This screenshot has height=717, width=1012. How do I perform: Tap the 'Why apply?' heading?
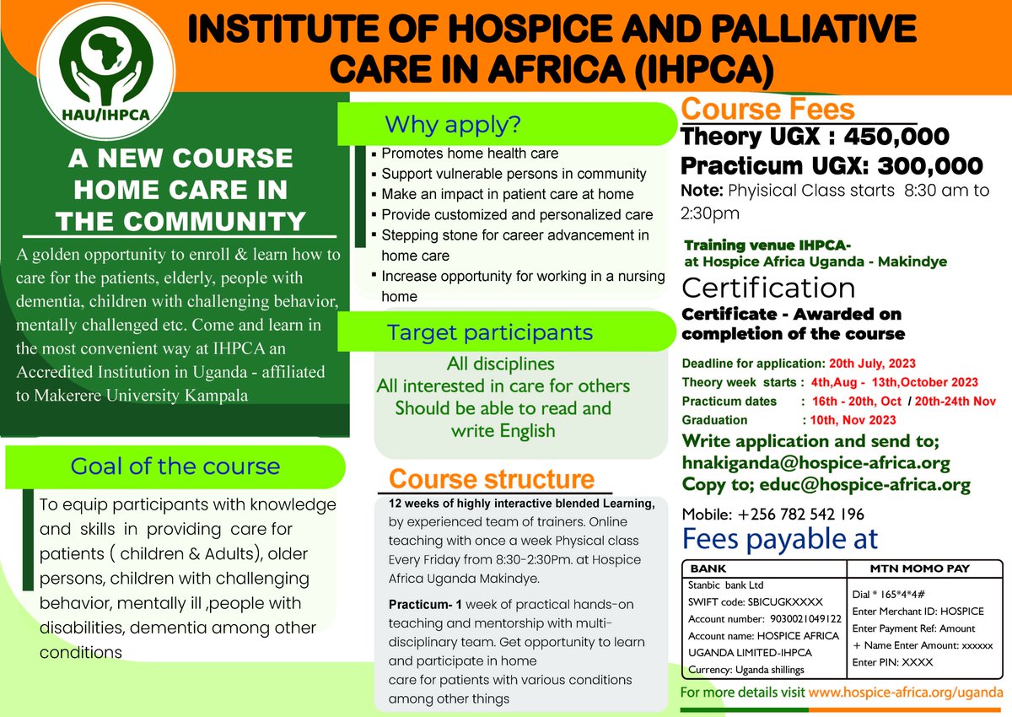pos(453,125)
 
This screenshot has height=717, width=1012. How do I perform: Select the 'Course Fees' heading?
pos(767,110)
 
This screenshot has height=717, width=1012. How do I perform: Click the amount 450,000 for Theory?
pos(886,136)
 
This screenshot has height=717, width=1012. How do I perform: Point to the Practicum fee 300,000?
pos(921,165)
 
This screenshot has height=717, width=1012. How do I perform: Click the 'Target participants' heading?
pos(490,332)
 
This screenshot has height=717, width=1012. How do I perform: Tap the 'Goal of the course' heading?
pos(175,466)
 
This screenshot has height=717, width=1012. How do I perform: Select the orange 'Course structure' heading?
pos(492,479)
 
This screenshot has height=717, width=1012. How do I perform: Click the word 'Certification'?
pos(768,288)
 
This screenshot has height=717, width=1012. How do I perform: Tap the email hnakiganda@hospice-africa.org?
pos(816,463)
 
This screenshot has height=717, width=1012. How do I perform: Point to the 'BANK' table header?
pos(708,569)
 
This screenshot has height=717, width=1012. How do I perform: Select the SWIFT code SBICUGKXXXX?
pos(772,601)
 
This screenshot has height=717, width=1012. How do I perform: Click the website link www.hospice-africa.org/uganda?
pos(905,692)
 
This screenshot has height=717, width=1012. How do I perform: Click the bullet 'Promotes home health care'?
pos(470,154)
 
